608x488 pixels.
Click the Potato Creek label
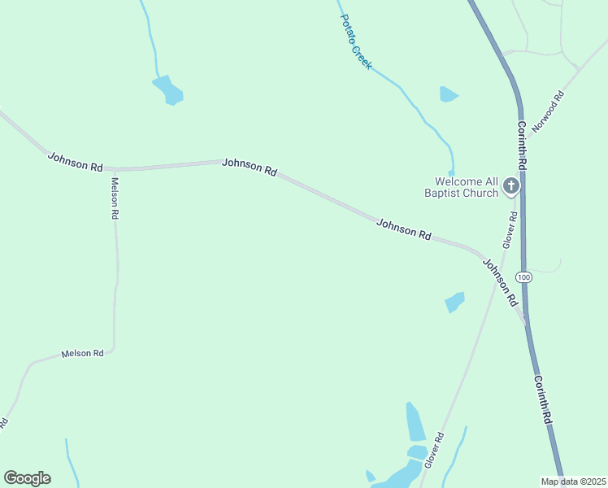click(356, 42)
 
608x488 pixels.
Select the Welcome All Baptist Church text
click(466, 187)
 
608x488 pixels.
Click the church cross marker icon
click(511, 186)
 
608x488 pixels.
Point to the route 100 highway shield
click(525, 277)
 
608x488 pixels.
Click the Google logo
click(27, 478)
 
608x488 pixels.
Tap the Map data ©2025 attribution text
click(572, 481)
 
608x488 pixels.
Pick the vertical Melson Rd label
click(115, 198)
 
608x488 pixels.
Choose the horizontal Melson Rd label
click(82, 354)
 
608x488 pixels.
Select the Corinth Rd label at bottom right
click(543, 399)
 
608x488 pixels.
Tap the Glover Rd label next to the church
click(510, 229)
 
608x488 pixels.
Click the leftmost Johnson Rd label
click(75, 161)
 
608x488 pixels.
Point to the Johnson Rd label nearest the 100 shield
click(501, 281)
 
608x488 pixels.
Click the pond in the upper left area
click(169, 89)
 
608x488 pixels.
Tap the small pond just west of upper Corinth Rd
click(448, 94)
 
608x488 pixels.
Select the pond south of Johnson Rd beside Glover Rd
click(454, 302)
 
